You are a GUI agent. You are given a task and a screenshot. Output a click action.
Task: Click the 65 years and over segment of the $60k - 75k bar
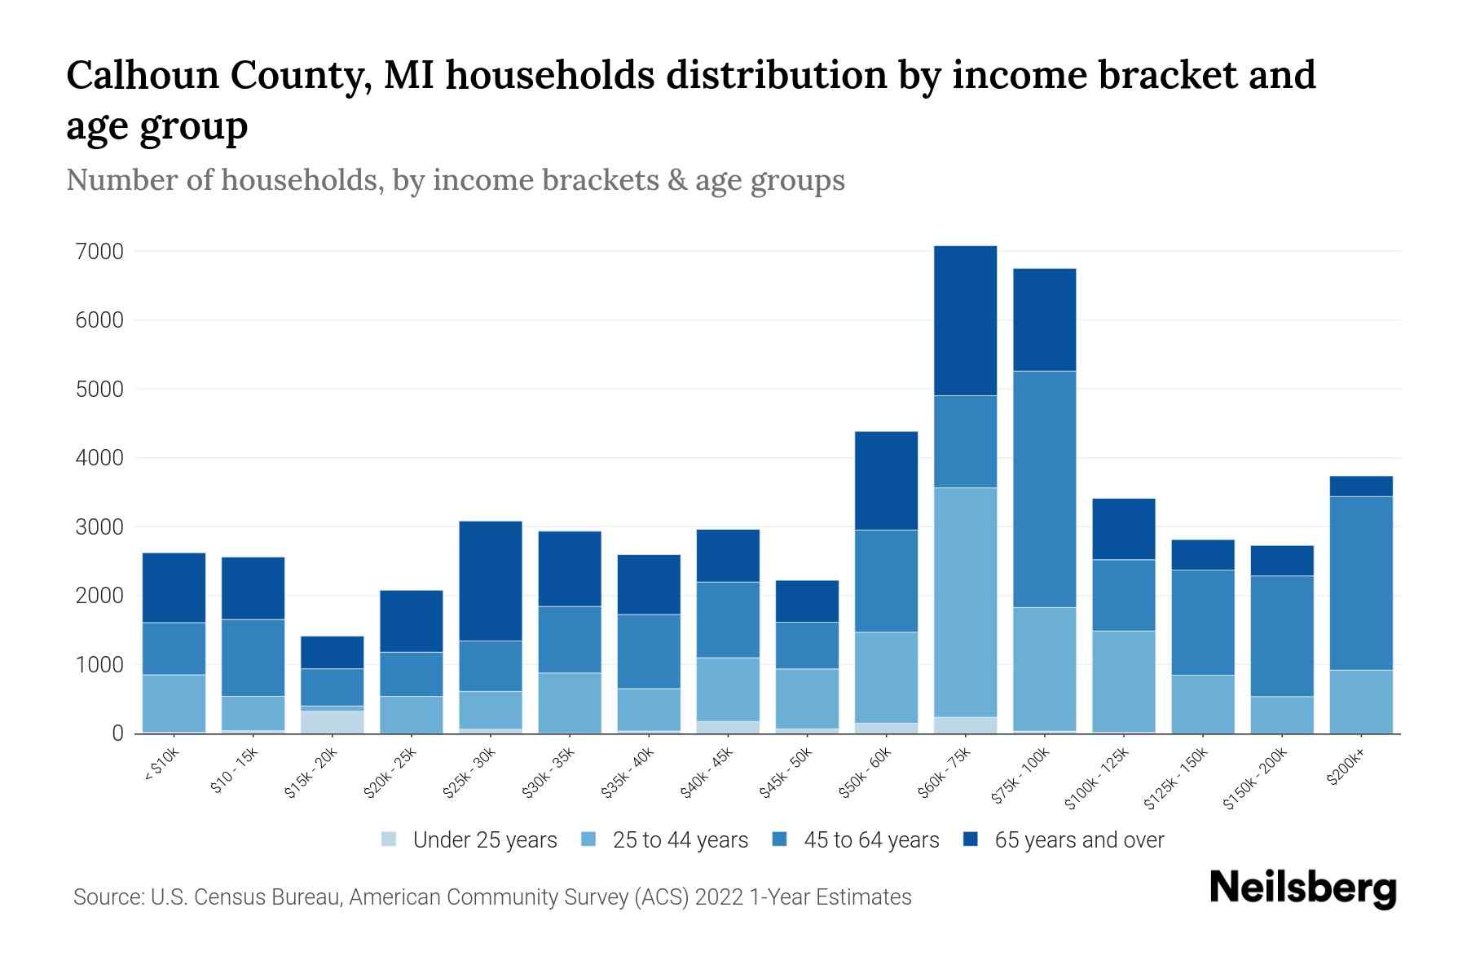(x=965, y=320)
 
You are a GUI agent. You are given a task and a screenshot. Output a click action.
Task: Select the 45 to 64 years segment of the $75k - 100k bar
(x=1044, y=489)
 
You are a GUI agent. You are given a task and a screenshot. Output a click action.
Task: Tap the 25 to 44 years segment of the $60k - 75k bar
(x=965, y=602)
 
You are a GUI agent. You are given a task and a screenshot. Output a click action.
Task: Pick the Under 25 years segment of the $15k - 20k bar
(x=332, y=722)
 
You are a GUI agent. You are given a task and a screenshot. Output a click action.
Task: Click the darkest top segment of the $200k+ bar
(x=1360, y=486)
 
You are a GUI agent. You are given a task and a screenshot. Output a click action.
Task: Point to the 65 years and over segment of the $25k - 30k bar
(x=491, y=580)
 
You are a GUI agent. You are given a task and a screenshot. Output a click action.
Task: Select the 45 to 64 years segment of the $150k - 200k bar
(x=1281, y=636)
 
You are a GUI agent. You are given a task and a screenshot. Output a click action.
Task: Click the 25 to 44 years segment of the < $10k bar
(x=174, y=703)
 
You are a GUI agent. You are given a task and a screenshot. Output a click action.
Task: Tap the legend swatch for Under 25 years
(x=390, y=839)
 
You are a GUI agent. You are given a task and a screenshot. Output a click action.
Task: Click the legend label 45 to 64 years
(x=870, y=839)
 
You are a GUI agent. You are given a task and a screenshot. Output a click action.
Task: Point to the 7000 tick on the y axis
(x=99, y=252)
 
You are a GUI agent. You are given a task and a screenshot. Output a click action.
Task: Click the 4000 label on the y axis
(x=99, y=459)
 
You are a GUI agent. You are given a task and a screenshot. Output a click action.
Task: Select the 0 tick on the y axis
(x=117, y=734)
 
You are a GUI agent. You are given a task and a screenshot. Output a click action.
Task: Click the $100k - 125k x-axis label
(x=1097, y=779)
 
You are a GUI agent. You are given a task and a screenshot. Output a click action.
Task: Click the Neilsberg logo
(x=1302, y=888)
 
